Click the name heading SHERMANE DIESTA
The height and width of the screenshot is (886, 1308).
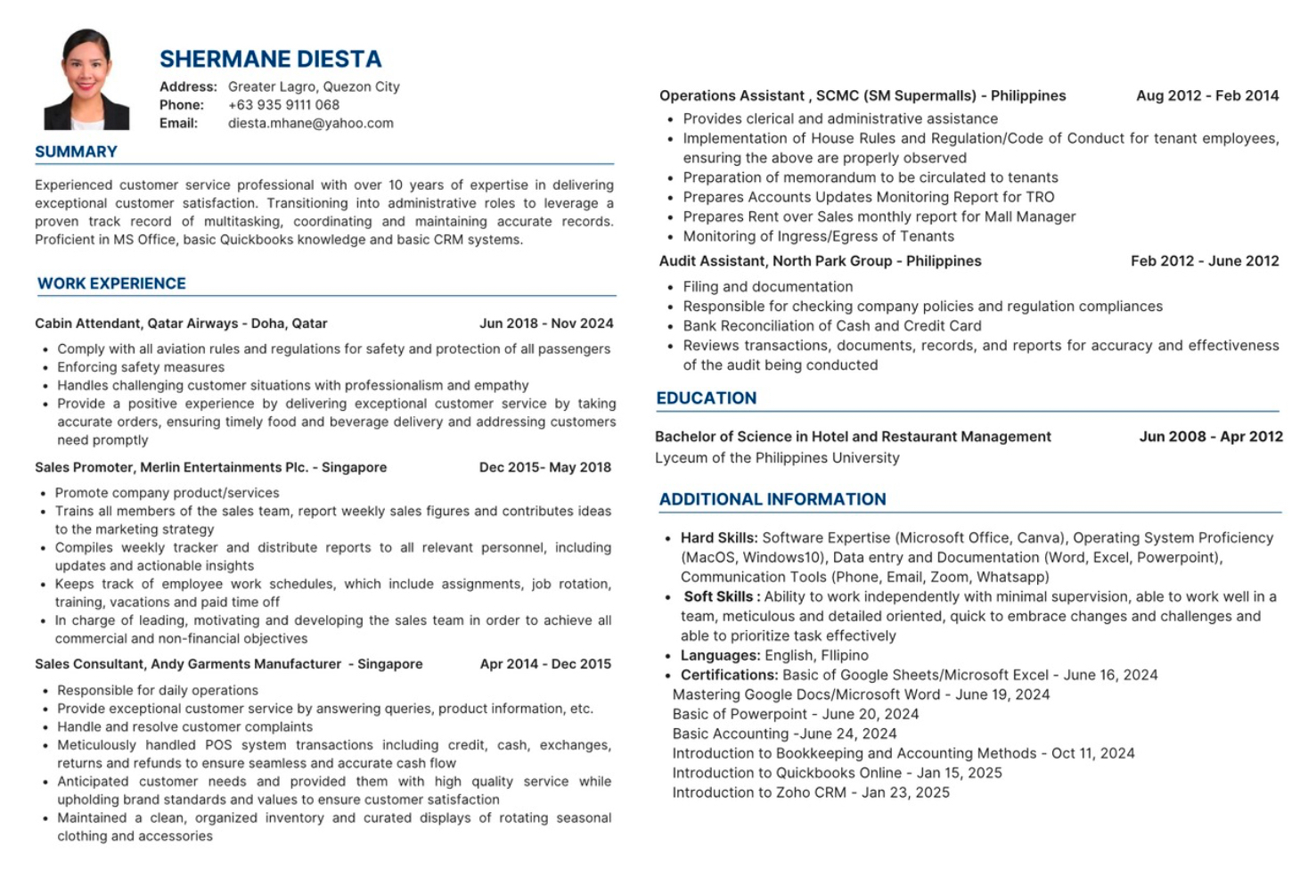[x=270, y=60]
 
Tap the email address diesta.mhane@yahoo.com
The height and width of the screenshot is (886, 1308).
[x=310, y=123]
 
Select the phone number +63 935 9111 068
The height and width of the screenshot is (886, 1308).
[x=283, y=104]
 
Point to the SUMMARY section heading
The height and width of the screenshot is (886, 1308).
[x=76, y=152]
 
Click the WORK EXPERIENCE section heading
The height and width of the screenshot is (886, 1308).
[x=111, y=283]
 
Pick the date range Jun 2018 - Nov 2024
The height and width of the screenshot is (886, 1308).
[x=546, y=324]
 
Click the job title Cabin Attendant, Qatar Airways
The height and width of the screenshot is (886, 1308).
[x=181, y=324]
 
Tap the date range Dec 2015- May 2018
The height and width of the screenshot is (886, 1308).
[x=544, y=467]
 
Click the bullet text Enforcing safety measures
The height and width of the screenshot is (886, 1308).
[x=141, y=367]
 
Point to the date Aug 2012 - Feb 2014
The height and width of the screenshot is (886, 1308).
[x=1206, y=95]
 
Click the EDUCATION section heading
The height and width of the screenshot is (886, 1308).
[x=706, y=398]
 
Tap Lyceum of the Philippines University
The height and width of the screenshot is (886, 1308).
[x=777, y=458]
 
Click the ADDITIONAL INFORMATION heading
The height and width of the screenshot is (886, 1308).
[x=773, y=499]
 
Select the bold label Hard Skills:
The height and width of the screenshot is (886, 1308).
[x=719, y=537]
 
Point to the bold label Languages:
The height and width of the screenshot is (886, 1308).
[x=720, y=655]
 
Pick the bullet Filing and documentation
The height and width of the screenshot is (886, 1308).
[x=767, y=287]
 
